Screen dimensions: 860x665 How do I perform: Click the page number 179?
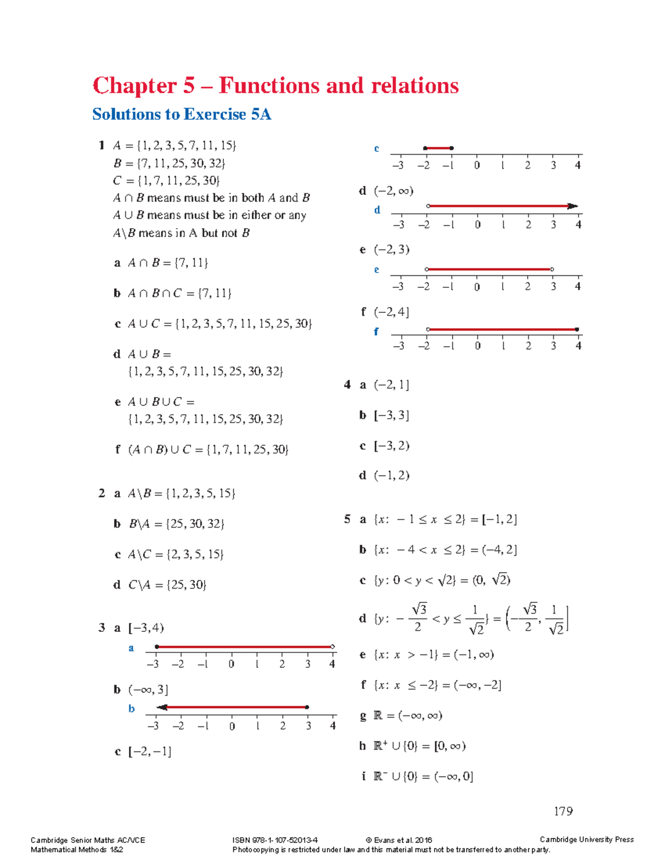pyautogui.click(x=563, y=811)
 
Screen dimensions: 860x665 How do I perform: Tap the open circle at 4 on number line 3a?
pyautogui.click(x=332, y=646)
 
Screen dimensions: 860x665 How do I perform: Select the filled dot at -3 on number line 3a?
pyautogui.click(x=157, y=646)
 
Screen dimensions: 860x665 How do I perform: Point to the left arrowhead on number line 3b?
pyautogui.click(x=162, y=707)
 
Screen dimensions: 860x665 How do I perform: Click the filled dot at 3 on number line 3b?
pyautogui.click(x=307, y=707)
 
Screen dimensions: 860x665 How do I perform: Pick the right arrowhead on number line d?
pyautogui.click(x=573, y=206)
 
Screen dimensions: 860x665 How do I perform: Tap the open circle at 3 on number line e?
pyautogui.click(x=552, y=269)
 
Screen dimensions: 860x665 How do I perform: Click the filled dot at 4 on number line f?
pyautogui.click(x=577, y=329)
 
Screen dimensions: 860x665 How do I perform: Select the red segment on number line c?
pyautogui.click(x=438, y=148)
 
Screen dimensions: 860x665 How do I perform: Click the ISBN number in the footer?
pyautogui.click(x=275, y=840)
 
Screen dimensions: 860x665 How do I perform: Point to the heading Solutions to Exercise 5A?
pyautogui.click(x=181, y=114)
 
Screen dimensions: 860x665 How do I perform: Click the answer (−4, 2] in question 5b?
pyautogui.click(x=499, y=550)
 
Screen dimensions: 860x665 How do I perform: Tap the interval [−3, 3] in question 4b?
pyautogui.click(x=391, y=415)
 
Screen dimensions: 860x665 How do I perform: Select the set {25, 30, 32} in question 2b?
pyautogui.click(x=195, y=524)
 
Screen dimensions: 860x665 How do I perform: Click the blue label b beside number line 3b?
pyautogui.click(x=131, y=708)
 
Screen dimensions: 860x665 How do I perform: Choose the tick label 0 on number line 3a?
pyautogui.click(x=232, y=664)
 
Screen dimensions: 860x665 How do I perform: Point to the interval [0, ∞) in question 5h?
pyautogui.click(x=449, y=746)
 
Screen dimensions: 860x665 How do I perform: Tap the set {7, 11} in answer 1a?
pyautogui.click(x=191, y=263)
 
